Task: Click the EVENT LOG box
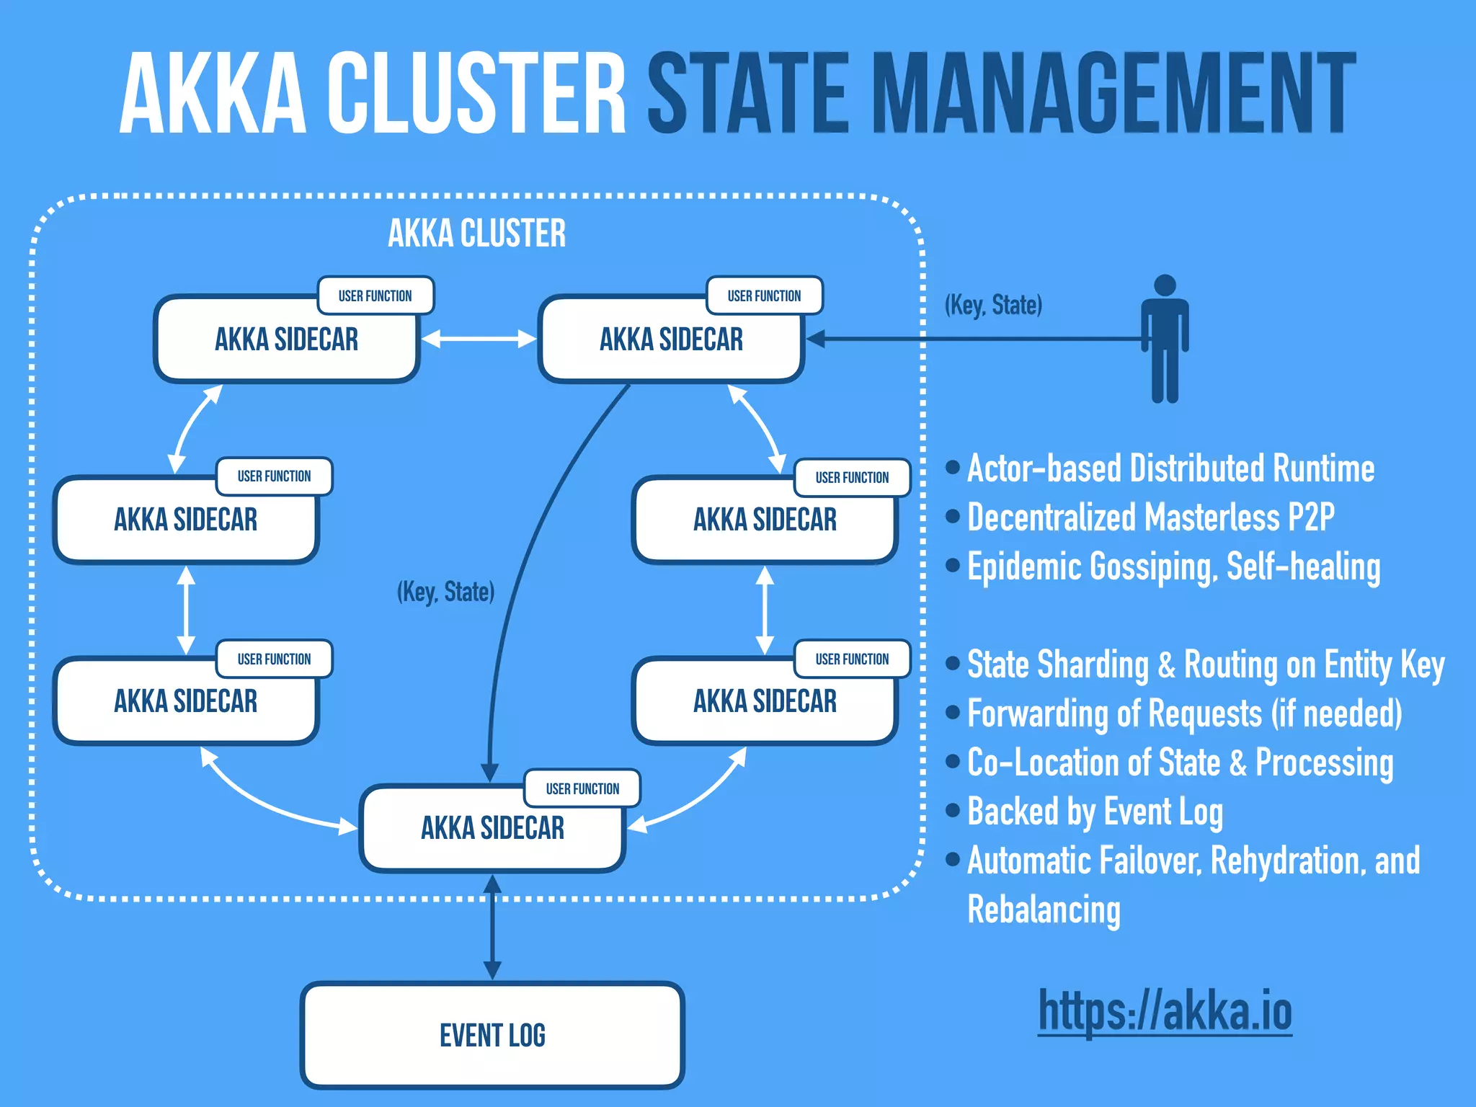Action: pos(492,1035)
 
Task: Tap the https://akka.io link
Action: pos(1165,1010)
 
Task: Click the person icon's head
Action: pos(1165,285)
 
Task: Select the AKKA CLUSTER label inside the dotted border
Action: pos(476,234)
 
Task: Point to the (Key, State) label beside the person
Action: pos(993,305)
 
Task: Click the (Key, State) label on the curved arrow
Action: pos(445,592)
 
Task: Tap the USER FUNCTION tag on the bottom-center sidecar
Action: pos(582,788)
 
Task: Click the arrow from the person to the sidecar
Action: pos(973,339)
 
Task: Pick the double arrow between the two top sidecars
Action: pos(479,339)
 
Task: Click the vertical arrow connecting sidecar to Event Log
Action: pos(492,930)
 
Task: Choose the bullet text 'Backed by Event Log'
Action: pos(1094,812)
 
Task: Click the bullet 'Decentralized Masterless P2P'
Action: pos(1150,517)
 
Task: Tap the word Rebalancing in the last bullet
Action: pos(1044,910)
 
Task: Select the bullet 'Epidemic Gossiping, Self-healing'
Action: pos(1173,566)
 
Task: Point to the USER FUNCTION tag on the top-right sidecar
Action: pos(764,295)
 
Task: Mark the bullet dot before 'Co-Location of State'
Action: pos(953,761)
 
